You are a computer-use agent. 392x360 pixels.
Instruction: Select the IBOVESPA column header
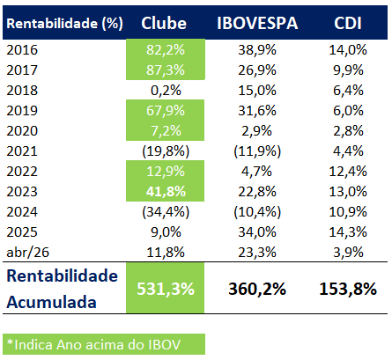pyautogui.click(x=256, y=22)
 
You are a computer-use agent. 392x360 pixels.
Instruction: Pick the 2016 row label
pyautogui.click(x=21, y=52)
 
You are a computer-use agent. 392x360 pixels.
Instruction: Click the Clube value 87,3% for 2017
pyautogui.click(x=167, y=72)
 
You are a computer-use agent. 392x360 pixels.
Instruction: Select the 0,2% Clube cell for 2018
pyautogui.click(x=167, y=92)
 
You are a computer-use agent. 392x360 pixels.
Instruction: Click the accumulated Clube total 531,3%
pyautogui.click(x=167, y=290)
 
